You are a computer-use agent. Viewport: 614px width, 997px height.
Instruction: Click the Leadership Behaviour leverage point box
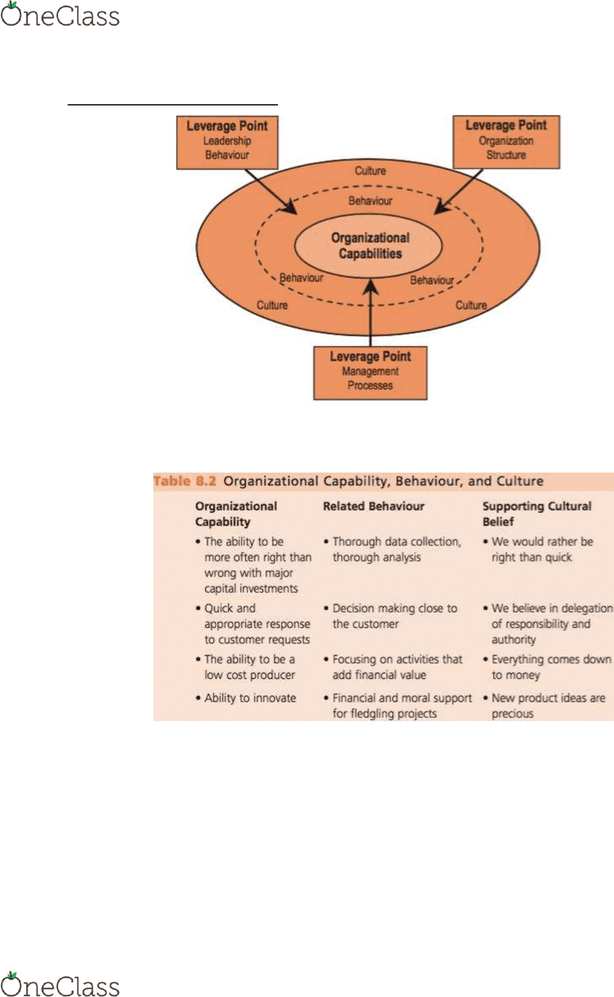tap(227, 143)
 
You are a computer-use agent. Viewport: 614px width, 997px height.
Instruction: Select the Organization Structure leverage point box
tap(507, 142)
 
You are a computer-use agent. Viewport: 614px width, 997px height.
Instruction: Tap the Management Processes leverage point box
tap(370, 373)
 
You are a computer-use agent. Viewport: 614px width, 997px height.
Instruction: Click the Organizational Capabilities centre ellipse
tap(368, 246)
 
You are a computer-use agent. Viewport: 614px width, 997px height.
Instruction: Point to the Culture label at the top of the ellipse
tap(370, 171)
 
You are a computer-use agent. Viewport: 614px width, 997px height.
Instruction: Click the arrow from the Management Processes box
tap(370, 313)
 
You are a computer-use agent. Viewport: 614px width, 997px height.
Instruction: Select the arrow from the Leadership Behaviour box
tap(271, 192)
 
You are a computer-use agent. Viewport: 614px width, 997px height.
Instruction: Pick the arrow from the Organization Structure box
tap(458, 191)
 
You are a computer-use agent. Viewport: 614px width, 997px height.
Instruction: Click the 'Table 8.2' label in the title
tap(185, 481)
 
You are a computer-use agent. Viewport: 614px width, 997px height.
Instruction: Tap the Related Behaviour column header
tap(374, 506)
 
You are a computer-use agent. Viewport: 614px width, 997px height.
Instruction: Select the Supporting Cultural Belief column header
tap(537, 514)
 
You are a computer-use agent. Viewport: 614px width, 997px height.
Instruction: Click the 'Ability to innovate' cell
tap(246, 698)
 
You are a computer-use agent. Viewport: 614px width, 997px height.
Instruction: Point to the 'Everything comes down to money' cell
tap(547, 667)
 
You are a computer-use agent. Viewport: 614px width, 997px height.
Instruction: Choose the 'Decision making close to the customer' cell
tap(391, 616)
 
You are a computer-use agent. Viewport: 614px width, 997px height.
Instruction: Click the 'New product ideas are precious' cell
tap(544, 706)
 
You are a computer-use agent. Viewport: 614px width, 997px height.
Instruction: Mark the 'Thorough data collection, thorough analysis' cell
tap(392, 549)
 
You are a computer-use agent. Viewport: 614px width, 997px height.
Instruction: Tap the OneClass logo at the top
tap(60, 14)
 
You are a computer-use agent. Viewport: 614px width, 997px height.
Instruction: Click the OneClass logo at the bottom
tap(60, 984)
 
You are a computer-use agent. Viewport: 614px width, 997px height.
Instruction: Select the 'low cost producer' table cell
tap(245, 667)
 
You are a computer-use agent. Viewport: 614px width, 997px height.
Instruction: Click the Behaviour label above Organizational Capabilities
tap(370, 201)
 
